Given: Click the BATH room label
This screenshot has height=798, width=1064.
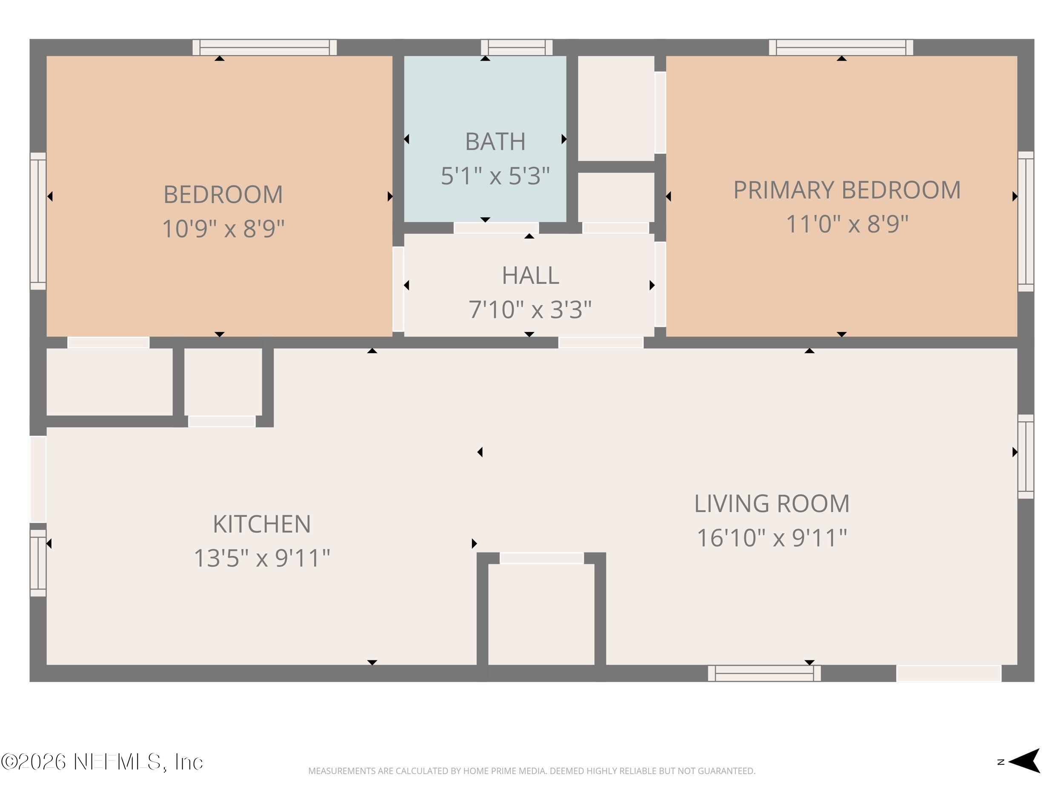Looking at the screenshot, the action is point(495,141).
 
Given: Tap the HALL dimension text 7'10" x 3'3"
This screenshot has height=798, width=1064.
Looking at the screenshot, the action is point(530,309).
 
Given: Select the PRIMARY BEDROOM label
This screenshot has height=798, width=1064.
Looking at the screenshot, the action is point(847,190).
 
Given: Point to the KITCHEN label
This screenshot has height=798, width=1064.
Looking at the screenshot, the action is point(262,524).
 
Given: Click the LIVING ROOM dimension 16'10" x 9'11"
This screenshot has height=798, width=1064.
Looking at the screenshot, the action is point(772,538).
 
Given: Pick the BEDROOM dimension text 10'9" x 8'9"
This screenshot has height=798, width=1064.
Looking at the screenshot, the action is point(223,229).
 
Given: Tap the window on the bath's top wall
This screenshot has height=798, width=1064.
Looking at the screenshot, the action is point(517,48).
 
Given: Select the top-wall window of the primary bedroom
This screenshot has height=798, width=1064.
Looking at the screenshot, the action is point(841,48).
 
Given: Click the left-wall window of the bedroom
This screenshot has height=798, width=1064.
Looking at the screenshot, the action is point(38,221).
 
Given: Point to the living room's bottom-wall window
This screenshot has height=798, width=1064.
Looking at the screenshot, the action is point(764,673).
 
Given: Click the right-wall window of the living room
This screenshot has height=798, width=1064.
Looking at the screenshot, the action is point(1026,457).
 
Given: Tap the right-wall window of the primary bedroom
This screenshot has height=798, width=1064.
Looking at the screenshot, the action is point(1026,222).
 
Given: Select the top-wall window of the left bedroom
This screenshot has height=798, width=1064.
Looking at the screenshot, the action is point(265,48).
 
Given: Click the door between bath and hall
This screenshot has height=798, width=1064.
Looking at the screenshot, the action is point(496,228).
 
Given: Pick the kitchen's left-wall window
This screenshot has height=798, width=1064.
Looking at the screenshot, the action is point(38,563).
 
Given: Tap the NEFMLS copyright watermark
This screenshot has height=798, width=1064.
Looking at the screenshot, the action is point(102,762).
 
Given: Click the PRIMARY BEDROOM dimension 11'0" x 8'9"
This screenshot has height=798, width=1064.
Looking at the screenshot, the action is point(847,224).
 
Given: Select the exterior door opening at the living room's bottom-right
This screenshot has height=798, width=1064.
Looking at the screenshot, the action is point(949,673).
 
